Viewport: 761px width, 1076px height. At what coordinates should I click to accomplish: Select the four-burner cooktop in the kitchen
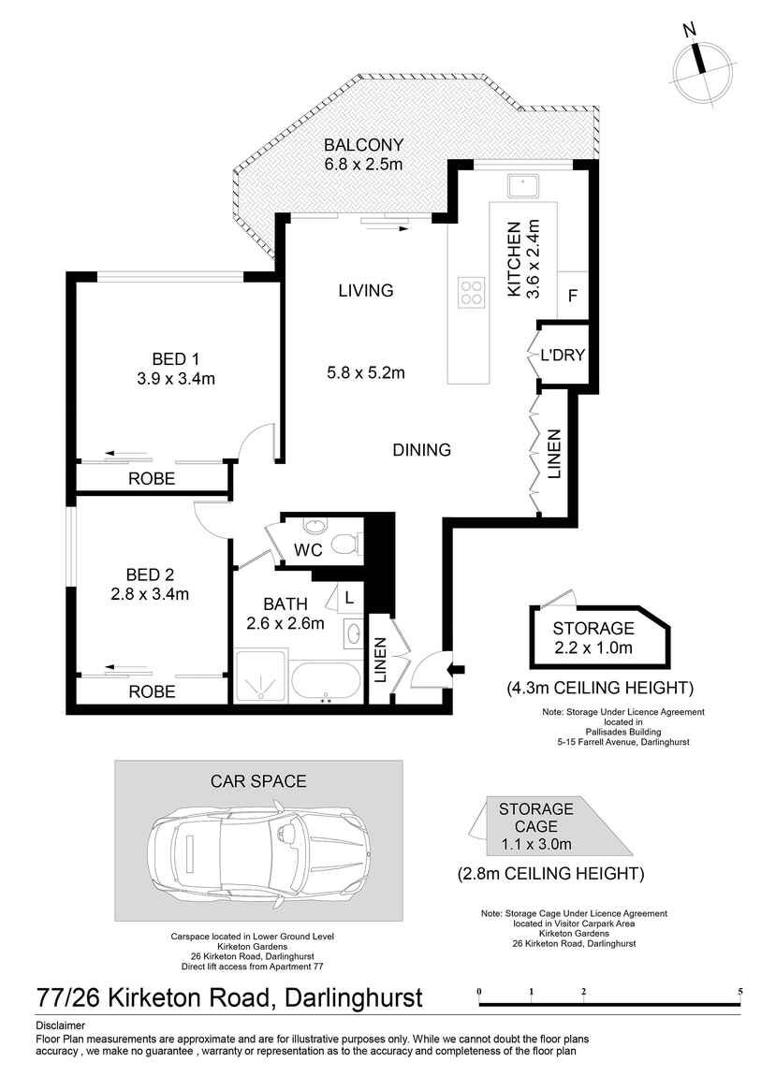click(x=472, y=293)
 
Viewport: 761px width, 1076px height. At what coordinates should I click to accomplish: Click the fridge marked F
click(x=573, y=296)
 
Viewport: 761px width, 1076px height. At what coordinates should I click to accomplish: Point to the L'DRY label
click(x=563, y=355)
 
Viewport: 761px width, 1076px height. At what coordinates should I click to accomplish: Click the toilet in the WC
click(x=347, y=545)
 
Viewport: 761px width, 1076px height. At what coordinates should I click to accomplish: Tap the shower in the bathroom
click(x=259, y=676)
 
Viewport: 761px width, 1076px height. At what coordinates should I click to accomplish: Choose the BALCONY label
click(x=364, y=145)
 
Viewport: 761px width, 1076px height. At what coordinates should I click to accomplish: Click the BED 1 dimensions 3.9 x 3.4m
click(x=176, y=378)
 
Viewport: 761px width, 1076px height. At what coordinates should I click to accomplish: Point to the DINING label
click(x=422, y=449)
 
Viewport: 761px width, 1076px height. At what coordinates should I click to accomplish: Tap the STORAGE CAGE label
click(x=536, y=818)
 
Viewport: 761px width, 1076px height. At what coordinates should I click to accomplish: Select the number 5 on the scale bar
click(x=740, y=991)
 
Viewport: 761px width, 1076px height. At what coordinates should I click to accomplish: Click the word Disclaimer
click(x=61, y=1025)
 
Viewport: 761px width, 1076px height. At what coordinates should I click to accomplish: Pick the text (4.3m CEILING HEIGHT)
click(x=600, y=687)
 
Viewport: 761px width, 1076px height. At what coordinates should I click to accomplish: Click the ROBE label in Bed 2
click(x=152, y=691)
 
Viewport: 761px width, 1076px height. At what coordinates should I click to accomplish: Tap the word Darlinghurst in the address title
click(x=354, y=997)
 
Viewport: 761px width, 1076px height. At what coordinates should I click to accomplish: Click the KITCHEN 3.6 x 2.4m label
click(x=523, y=258)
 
